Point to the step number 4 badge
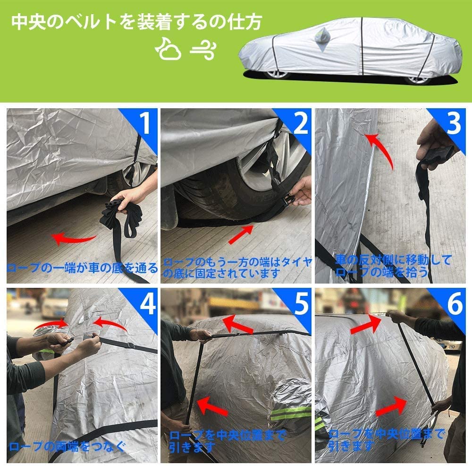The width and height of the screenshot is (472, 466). click(145, 304)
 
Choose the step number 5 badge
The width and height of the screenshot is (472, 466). click(299, 304)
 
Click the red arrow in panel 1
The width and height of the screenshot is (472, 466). click(70, 238)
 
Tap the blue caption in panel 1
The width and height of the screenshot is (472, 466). click(82, 268)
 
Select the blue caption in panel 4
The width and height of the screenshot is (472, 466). click(67, 445)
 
